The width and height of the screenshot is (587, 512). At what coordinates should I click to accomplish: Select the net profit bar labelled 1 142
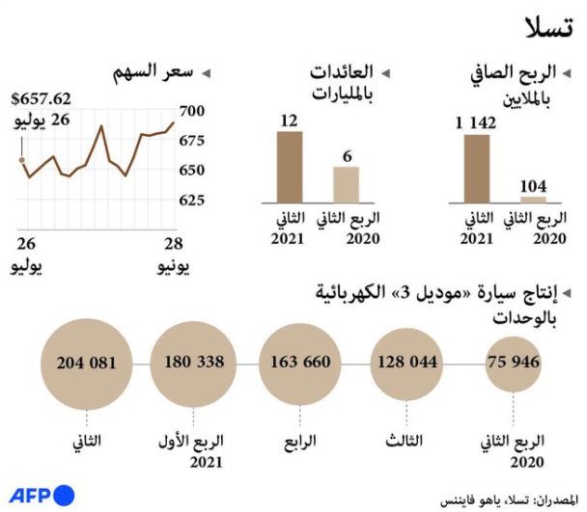(477, 168)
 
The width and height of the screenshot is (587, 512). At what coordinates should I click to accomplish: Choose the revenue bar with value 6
(345, 183)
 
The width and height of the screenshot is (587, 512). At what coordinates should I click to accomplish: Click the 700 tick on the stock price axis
(193, 112)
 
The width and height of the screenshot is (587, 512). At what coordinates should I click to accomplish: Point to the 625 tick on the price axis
(193, 200)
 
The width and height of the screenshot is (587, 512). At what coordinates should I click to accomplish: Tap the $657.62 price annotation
(41, 98)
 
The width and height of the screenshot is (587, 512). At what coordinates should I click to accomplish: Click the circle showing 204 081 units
(87, 364)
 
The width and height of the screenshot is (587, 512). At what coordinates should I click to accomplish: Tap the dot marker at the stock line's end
(21, 161)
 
